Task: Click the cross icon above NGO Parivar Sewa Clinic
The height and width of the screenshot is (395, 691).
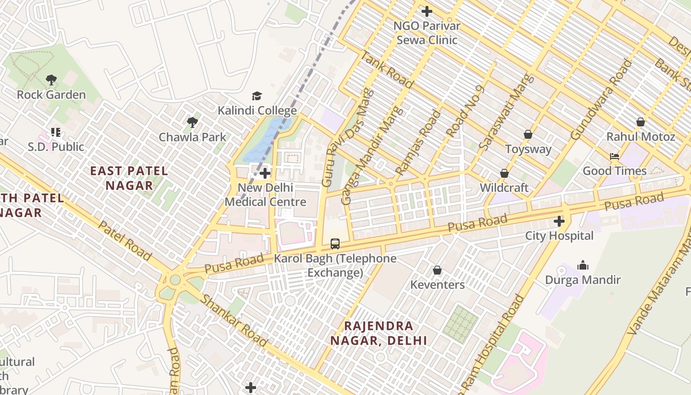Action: click(427, 11)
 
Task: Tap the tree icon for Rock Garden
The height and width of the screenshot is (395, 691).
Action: click(51, 80)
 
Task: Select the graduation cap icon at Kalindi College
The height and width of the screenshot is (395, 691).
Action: click(257, 96)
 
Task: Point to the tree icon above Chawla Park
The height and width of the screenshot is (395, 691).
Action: click(192, 122)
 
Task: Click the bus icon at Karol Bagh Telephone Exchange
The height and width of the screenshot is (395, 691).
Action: click(335, 243)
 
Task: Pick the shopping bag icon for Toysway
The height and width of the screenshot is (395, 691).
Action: click(528, 134)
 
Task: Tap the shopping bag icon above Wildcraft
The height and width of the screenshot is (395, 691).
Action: click(504, 173)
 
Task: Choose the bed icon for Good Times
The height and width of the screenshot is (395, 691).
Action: click(614, 157)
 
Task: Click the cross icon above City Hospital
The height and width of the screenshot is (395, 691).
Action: click(559, 221)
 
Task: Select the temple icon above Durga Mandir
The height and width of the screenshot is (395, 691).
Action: click(583, 265)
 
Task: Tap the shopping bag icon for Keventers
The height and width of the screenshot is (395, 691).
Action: click(437, 270)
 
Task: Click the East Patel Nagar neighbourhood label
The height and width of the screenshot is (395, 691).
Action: click(129, 178)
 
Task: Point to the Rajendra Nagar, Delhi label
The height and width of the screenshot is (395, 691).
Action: click(379, 333)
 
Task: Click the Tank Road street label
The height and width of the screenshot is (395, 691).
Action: click(387, 69)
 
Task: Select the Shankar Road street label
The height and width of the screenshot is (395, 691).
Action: click(234, 321)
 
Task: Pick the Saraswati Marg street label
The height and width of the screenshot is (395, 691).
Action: click(506, 112)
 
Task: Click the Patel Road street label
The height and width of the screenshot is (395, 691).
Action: click(125, 240)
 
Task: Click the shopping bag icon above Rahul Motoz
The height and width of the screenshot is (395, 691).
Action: click(640, 122)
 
